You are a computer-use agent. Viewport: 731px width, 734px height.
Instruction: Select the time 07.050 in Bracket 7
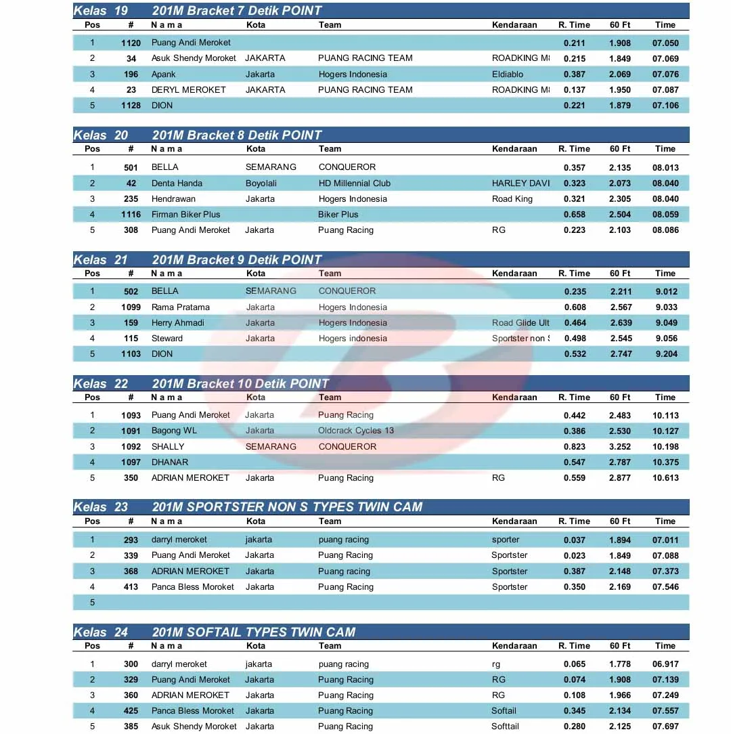665,43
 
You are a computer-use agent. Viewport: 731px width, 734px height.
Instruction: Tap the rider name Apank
163,74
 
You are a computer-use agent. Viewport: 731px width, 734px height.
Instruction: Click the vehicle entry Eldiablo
508,74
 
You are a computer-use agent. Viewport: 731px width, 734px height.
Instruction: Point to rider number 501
131,167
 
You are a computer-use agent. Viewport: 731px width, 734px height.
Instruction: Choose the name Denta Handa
177,183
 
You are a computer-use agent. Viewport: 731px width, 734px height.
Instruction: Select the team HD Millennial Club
354,183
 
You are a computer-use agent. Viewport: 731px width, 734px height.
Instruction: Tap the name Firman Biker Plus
185,215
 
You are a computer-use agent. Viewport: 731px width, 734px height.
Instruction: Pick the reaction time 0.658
575,215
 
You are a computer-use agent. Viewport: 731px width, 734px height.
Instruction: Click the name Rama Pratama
180,307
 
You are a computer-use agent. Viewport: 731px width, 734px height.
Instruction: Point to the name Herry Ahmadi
177,323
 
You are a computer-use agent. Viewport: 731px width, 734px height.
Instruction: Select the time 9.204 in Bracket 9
666,354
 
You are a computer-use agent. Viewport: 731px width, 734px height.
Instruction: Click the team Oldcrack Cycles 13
356,431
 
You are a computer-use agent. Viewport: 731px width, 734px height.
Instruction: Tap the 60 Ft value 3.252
620,447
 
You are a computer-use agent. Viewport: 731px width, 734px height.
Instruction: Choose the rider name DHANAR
170,462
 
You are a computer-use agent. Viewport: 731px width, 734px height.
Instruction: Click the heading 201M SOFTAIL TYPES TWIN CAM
253,632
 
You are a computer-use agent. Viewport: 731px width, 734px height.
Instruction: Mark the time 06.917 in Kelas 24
665,664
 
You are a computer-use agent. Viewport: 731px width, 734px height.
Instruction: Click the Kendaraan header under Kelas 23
514,521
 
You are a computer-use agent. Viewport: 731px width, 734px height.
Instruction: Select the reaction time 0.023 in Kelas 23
575,555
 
